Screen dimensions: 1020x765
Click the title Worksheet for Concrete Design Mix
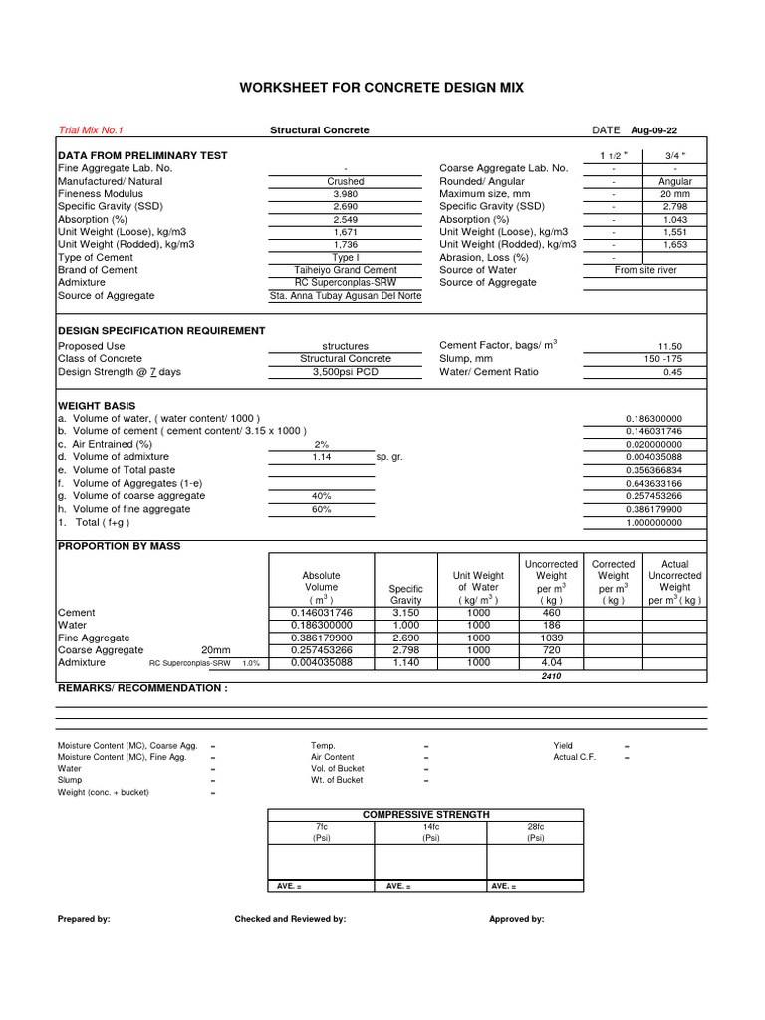(382, 88)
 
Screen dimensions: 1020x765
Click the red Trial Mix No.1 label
(92, 130)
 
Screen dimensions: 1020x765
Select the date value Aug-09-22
(654, 130)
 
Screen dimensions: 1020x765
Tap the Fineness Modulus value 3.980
(345, 194)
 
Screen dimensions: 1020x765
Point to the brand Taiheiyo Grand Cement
(345, 270)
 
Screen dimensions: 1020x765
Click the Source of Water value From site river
(644, 270)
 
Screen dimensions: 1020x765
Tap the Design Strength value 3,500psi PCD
(345, 372)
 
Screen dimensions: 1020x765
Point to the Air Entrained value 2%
(321, 444)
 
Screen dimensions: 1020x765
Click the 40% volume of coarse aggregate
(321, 495)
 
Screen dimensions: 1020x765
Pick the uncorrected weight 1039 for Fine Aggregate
(551, 637)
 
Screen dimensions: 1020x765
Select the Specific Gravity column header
(405, 595)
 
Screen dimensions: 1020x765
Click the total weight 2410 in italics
(551, 675)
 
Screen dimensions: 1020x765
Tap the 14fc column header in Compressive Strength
(430, 827)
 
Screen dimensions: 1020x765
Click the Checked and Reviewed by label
(290, 919)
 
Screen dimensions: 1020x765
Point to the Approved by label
(516, 919)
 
